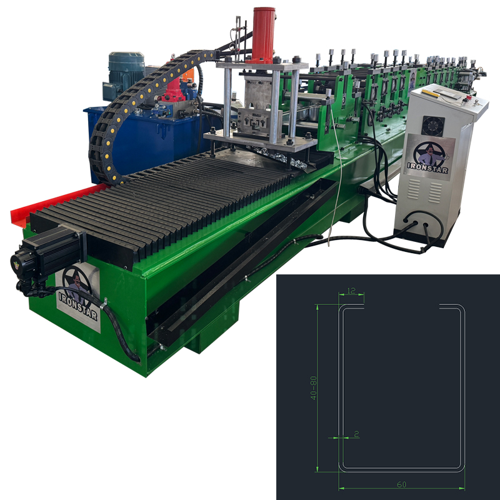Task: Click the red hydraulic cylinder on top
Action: point(263,35)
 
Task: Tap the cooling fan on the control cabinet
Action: point(432,126)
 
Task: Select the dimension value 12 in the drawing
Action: point(351,291)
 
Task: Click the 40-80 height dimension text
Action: point(314,387)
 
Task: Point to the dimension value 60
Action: point(401,484)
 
